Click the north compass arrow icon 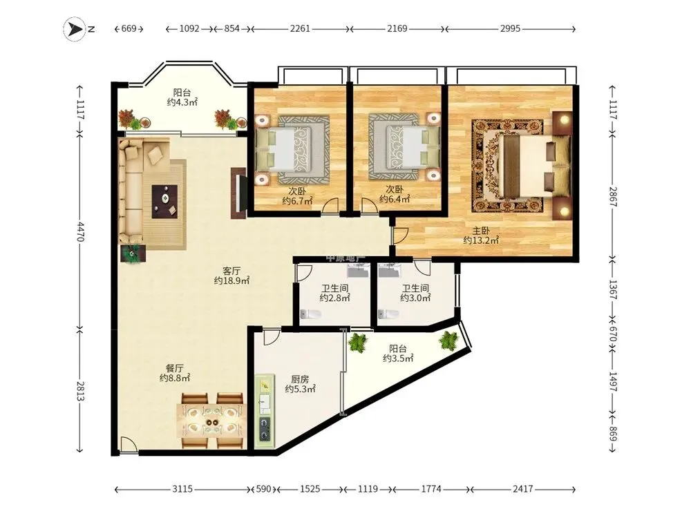75,29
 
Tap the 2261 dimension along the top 300,28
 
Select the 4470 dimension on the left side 79,231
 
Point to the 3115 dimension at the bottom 182,489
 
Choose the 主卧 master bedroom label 481,231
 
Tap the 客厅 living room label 231,271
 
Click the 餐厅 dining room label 175,368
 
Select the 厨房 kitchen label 300,379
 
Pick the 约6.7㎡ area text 297,201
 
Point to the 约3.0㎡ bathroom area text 415,298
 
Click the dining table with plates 212,421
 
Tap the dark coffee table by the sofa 165,201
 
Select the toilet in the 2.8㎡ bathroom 310,314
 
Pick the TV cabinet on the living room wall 238,193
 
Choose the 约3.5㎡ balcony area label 398,358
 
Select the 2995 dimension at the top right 511,28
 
